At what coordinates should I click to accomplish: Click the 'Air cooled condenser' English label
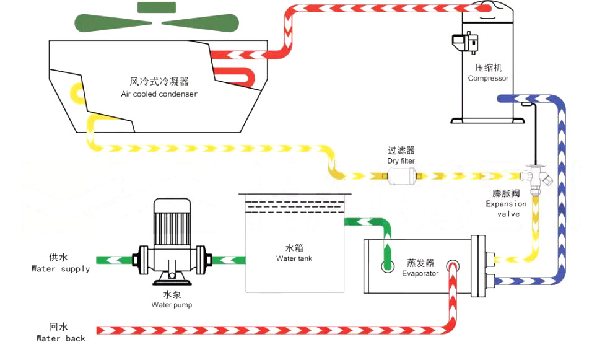coord(159,94)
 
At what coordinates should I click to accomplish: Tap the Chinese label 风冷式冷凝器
coord(159,82)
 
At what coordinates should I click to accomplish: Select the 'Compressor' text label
coord(488,79)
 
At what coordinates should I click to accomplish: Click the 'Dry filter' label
coord(401,161)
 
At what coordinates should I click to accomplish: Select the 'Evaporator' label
coord(420,273)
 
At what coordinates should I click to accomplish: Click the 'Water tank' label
coord(294,258)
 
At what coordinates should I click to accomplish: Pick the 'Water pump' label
coord(172,305)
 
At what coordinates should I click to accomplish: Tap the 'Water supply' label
coord(61,269)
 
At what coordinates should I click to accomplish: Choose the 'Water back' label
coord(61,338)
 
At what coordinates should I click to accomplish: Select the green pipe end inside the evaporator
coord(388,265)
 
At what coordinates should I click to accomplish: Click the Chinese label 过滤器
coord(401,151)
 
